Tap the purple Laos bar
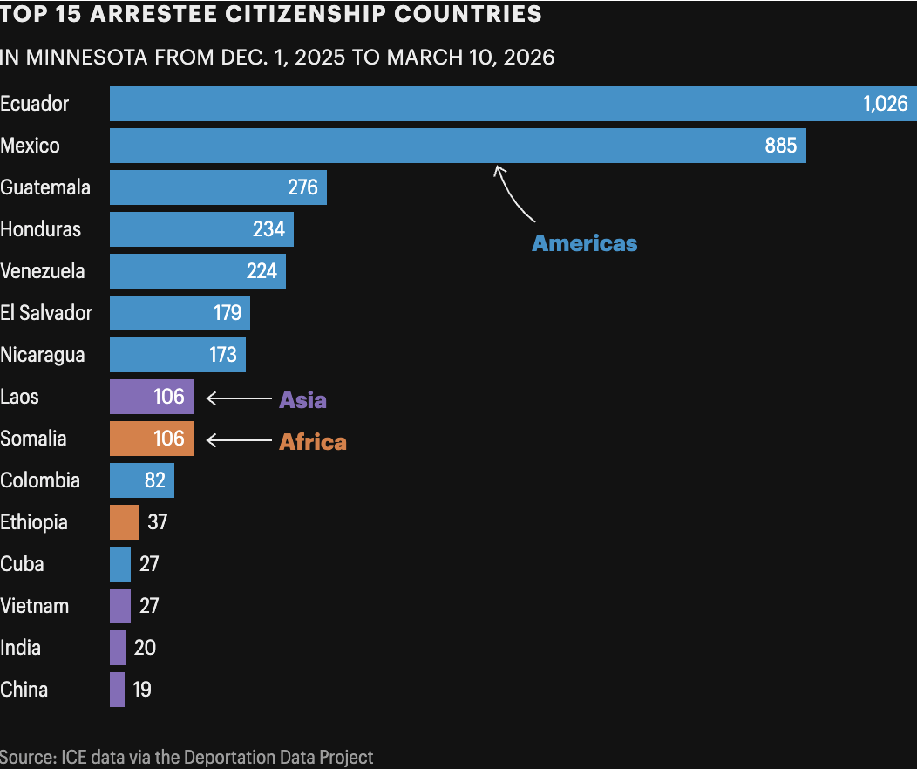click(151, 397)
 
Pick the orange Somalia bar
click(151, 439)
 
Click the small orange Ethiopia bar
click(124, 522)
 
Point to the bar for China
click(117, 690)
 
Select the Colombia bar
click(141, 480)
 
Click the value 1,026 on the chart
click(885, 104)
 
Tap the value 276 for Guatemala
click(302, 187)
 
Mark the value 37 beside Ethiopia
click(157, 522)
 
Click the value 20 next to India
click(145, 648)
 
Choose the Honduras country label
click(41, 229)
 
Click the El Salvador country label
click(46, 313)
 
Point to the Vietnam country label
click(35, 606)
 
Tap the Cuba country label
click(23, 564)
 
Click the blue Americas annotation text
click(584, 243)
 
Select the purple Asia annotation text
click(302, 400)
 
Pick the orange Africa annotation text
click(312, 442)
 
